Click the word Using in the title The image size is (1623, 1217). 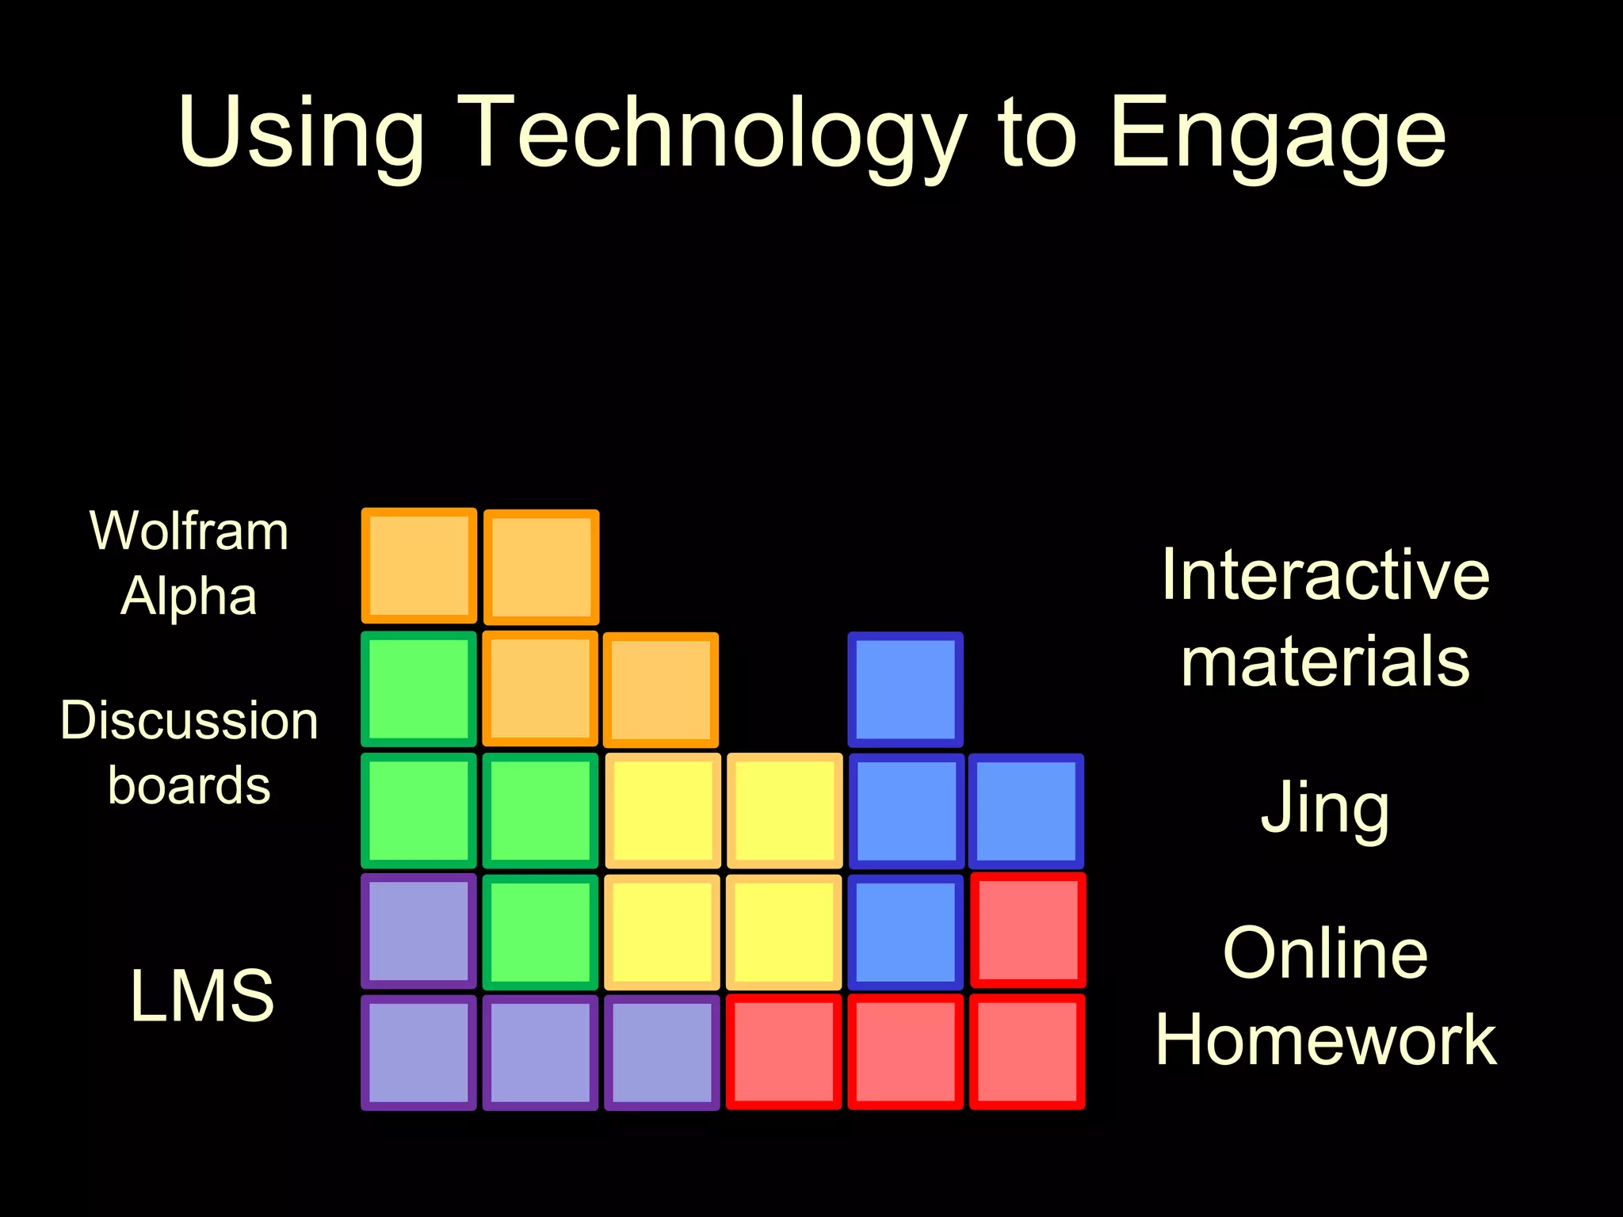click(x=301, y=133)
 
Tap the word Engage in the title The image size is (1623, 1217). click(x=1277, y=133)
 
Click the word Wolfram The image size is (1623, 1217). click(x=189, y=531)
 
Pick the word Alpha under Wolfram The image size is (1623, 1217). click(x=189, y=596)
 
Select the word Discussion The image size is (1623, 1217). click(x=189, y=721)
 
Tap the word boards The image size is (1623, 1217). click(x=189, y=786)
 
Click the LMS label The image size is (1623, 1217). click(x=202, y=996)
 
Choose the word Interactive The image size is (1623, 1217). click(x=1325, y=575)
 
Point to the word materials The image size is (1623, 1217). click(x=1325, y=662)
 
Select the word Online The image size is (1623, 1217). click(x=1325, y=953)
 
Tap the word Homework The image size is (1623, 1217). click(x=1325, y=1040)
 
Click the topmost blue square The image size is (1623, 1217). click(x=905, y=689)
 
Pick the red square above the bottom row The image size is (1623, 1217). click(x=1028, y=931)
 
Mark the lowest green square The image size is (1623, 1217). click(x=540, y=933)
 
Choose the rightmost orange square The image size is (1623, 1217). click(x=661, y=690)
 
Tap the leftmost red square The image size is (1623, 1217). click(x=784, y=1052)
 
